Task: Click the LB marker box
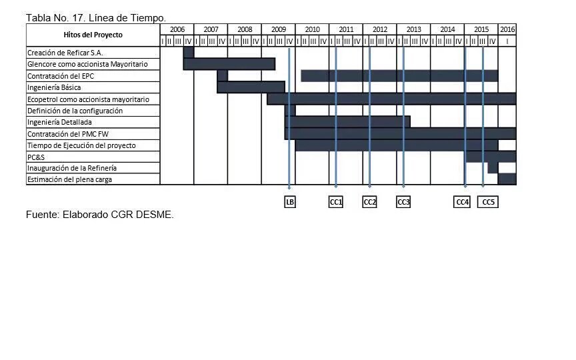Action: click(x=290, y=202)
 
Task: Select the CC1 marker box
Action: click(x=336, y=202)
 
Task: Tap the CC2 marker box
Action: click(x=370, y=202)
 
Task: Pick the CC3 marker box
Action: click(x=403, y=202)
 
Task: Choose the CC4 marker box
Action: click(x=462, y=202)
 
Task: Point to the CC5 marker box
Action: click(x=489, y=202)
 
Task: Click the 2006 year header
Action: click(x=177, y=29)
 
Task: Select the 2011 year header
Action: click(x=346, y=29)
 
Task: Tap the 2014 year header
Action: click(x=447, y=29)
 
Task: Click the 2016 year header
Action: click(x=507, y=29)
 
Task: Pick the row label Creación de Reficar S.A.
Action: click(x=65, y=53)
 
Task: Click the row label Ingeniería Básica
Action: click(x=54, y=87)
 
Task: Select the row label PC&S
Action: click(x=36, y=157)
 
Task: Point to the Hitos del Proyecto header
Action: click(x=93, y=35)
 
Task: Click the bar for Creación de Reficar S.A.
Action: click(x=189, y=53)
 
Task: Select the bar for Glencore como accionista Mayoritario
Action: click(x=229, y=64)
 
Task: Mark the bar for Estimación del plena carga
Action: click(x=507, y=179)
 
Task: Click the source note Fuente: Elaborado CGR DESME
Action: click(x=100, y=215)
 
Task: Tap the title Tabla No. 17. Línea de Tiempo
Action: click(x=96, y=17)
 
